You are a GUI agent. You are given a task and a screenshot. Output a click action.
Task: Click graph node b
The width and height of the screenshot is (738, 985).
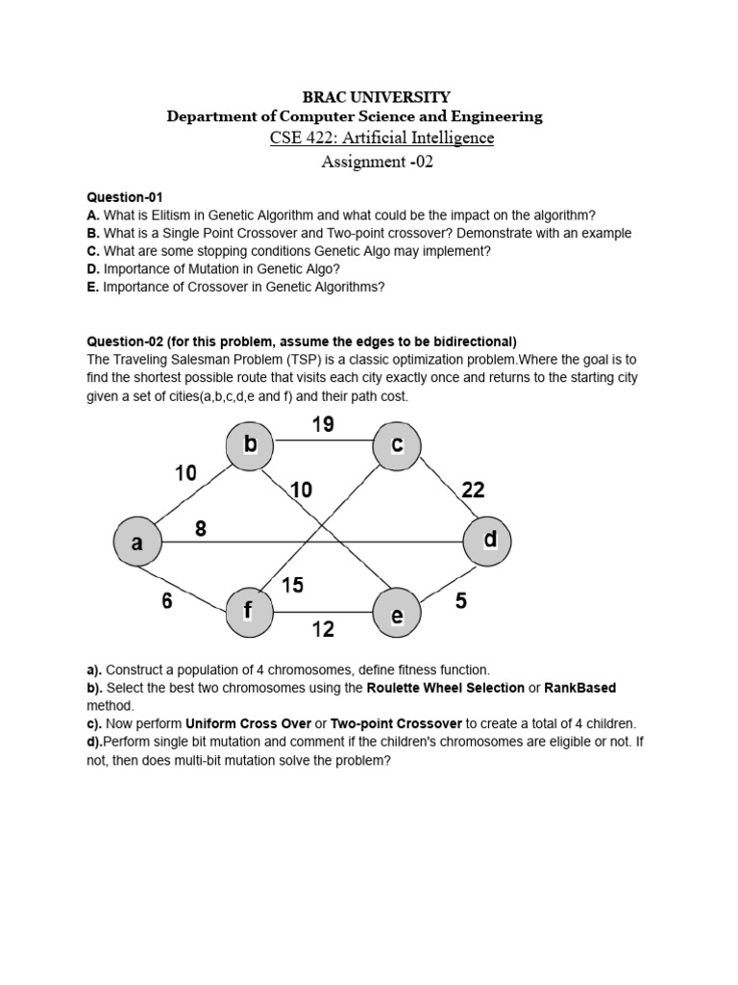click(250, 444)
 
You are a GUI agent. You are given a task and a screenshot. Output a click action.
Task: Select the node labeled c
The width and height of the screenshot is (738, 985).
click(397, 445)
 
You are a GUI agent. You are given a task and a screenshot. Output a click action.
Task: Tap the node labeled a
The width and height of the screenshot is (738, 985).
click(137, 543)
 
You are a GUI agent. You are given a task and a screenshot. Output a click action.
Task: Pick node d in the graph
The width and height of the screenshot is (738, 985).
click(488, 541)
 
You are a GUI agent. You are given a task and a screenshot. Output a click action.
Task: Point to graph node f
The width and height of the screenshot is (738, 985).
click(249, 610)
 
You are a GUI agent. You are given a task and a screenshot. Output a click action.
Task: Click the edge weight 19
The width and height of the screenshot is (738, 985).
click(323, 424)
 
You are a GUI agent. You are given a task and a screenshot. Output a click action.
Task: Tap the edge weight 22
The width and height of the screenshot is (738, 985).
click(473, 491)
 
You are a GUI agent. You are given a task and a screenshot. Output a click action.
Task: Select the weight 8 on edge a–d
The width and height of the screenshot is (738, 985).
click(201, 528)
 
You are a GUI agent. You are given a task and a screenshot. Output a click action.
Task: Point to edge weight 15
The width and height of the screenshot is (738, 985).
click(292, 585)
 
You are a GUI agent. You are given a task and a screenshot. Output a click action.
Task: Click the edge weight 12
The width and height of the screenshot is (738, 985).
click(323, 629)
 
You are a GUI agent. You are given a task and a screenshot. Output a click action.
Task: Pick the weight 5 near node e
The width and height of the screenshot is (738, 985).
click(461, 602)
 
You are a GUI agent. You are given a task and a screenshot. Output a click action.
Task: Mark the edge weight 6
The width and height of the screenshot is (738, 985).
click(167, 602)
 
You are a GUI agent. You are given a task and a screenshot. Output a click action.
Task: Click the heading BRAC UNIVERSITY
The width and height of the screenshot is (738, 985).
click(377, 96)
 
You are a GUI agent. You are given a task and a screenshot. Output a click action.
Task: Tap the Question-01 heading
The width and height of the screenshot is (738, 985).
click(125, 197)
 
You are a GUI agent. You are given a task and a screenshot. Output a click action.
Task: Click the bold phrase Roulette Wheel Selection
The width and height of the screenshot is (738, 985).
click(445, 688)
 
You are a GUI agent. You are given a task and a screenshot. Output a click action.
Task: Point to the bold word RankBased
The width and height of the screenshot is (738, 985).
click(579, 688)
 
